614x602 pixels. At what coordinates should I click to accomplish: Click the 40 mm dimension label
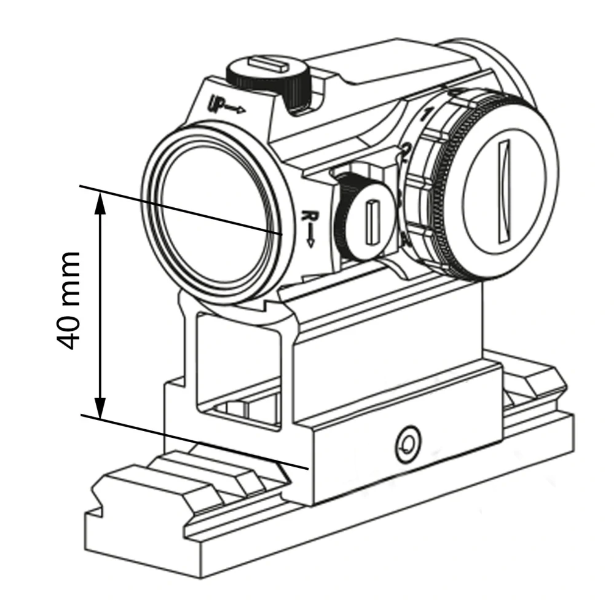pyautogui.click(x=69, y=301)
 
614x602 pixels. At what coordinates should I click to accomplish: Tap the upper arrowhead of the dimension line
pyautogui.click(x=101, y=202)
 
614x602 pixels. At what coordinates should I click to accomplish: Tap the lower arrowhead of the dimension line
pyautogui.click(x=101, y=408)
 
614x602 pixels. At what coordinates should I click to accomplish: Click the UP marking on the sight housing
pyautogui.click(x=217, y=103)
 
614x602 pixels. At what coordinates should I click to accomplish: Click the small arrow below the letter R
pyautogui.click(x=310, y=237)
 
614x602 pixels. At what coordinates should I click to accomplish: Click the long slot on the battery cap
pyautogui.click(x=505, y=191)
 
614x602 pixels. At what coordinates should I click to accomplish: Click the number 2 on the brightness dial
pyautogui.click(x=407, y=149)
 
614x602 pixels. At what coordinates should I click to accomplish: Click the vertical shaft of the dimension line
pyautogui.click(x=101, y=305)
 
